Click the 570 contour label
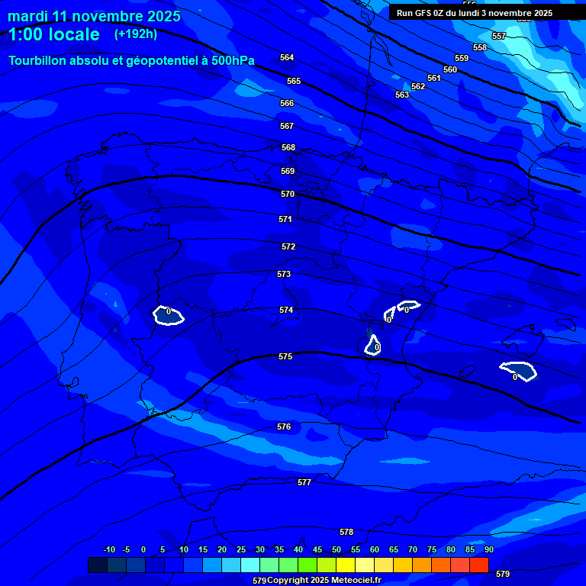click(288, 195)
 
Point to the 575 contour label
click(285, 356)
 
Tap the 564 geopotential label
click(287, 58)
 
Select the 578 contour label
click(346, 532)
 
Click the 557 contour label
click(499, 37)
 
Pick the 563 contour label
click(402, 95)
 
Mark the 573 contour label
click(284, 274)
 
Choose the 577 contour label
click(304, 482)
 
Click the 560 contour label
click(450, 69)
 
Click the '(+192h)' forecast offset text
click(136, 34)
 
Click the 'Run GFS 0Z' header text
click(423, 13)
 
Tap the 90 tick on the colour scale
click(488, 549)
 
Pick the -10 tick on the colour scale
click(108, 549)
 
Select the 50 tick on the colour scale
click(336, 549)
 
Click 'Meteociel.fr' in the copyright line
click(353, 581)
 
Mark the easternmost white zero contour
click(518, 371)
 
